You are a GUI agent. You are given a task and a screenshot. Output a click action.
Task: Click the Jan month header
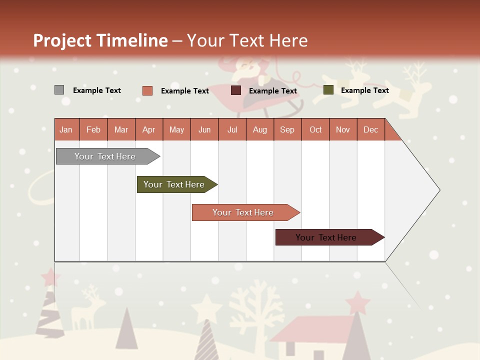tap(66, 129)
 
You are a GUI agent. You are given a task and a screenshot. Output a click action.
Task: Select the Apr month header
tap(149, 129)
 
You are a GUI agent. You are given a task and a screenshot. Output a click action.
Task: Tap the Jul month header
tap(232, 129)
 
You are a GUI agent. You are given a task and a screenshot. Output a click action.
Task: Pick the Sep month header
tap(287, 129)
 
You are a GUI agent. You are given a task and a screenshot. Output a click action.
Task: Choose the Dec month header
tap(370, 129)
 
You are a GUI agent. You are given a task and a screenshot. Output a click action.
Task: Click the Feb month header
tap(93, 129)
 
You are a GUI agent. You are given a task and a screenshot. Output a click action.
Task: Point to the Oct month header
tap(315, 129)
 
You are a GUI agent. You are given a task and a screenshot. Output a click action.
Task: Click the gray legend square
tap(59, 90)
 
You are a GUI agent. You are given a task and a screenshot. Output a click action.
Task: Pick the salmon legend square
tap(147, 90)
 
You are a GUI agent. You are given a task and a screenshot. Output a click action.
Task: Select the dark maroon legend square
tap(236, 90)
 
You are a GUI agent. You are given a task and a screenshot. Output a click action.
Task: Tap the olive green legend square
tap(328, 90)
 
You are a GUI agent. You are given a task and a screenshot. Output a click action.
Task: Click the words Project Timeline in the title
tap(100, 40)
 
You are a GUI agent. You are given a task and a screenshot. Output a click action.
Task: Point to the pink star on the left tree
tap(49, 276)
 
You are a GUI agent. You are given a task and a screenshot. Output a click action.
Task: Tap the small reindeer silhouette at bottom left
tap(87, 307)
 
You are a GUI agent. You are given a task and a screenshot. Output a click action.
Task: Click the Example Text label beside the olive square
tap(364, 90)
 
